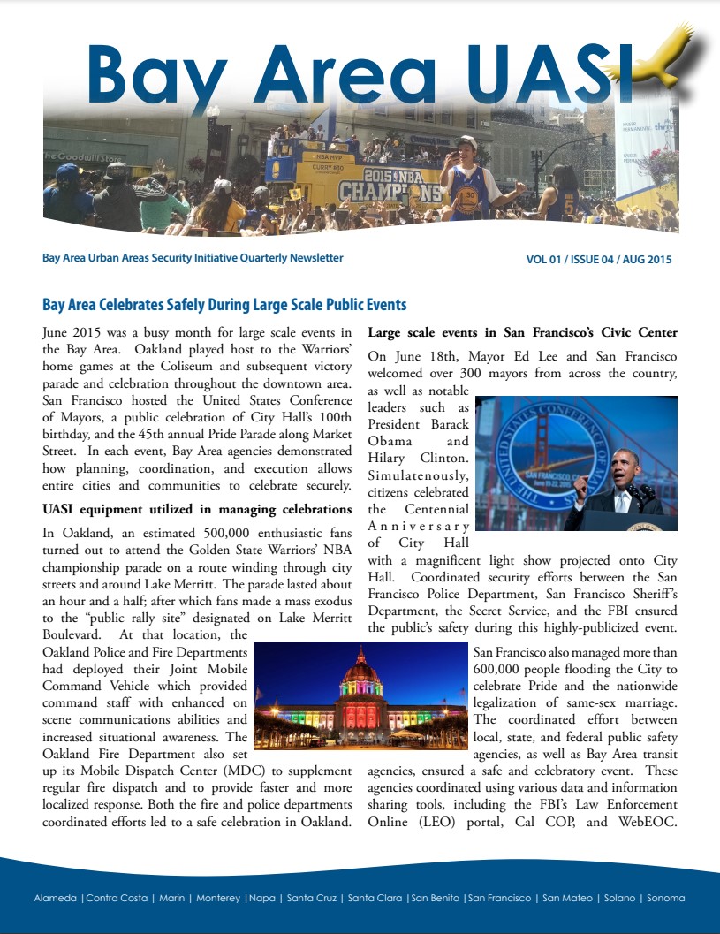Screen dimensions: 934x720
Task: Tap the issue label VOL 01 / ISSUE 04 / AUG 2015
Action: click(x=598, y=260)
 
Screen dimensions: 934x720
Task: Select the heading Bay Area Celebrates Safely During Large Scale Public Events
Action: click(x=224, y=305)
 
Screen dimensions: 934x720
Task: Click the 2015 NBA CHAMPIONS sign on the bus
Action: click(x=390, y=184)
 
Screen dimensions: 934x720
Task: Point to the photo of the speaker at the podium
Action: click(x=576, y=463)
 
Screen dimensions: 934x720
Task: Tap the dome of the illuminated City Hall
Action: click(x=360, y=669)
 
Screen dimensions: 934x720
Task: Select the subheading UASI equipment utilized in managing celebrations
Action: click(x=197, y=509)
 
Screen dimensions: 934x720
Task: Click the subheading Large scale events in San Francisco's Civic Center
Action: click(x=522, y=333)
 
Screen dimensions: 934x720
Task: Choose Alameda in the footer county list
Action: click(x=55, y=898)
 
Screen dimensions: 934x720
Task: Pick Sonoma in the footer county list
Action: click(x=665, y=898)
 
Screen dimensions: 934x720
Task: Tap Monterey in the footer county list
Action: click(x=218, y=898)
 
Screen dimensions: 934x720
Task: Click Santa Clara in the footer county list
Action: click(x=375, y=898)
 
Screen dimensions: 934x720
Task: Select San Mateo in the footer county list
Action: click(x=565, y=898)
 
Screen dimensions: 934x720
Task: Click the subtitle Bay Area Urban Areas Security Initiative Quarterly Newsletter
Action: click(x=193, y=258)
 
